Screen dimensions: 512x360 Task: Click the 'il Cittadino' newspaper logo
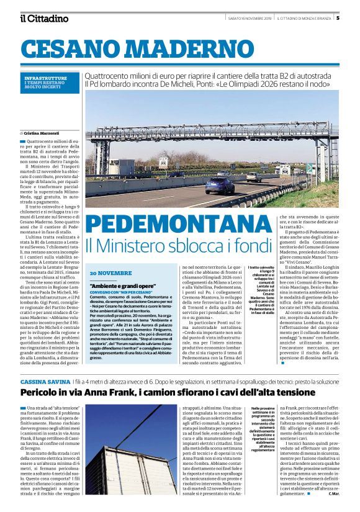click(x=43, y=19)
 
